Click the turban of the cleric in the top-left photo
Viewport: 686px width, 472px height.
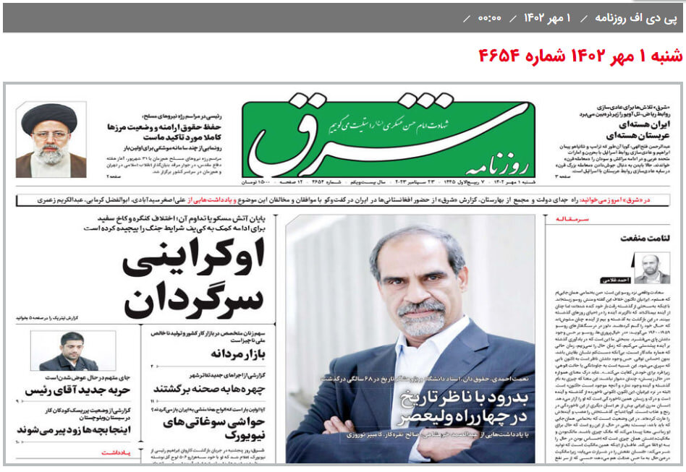click(x=49, y=116)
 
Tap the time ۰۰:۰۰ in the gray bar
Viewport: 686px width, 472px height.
click(x=489, y=17)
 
